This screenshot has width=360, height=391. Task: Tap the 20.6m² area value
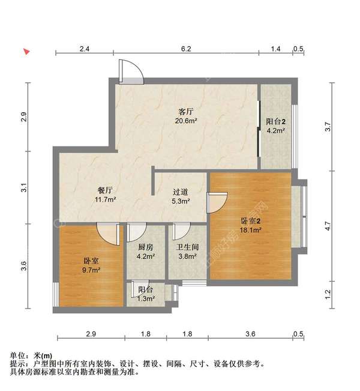(186, 121)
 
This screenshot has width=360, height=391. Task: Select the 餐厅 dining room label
(103, 190)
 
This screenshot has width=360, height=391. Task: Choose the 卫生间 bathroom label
(187, 247)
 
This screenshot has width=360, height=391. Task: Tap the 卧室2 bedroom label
(251, 220)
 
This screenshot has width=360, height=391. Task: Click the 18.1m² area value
(251, 229)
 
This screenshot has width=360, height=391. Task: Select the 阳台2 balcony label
(275, 120)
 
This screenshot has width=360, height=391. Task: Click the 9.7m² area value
(91, 271)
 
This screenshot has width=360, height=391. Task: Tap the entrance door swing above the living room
(130, 71)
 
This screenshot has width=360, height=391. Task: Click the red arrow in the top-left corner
(26, 52)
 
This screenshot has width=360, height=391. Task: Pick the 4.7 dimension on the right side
(328, 226)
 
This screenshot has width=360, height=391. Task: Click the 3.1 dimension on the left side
(24, 189)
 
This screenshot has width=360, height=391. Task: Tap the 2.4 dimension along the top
(84, 49)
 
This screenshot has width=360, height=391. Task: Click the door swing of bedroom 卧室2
(216, 202)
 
